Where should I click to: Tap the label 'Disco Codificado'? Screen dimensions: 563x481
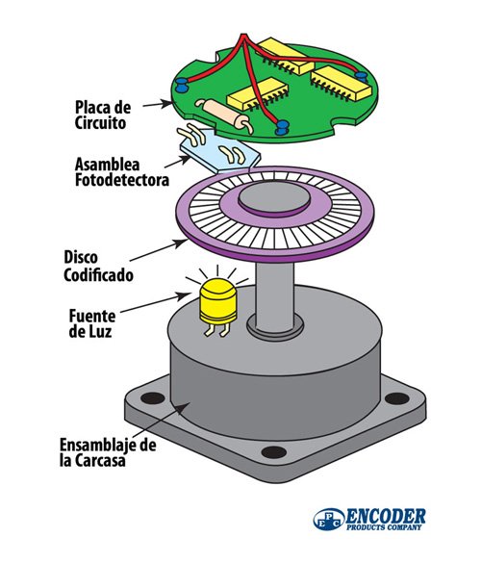[95, 265]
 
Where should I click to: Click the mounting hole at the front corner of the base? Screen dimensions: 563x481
[273, 452]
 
